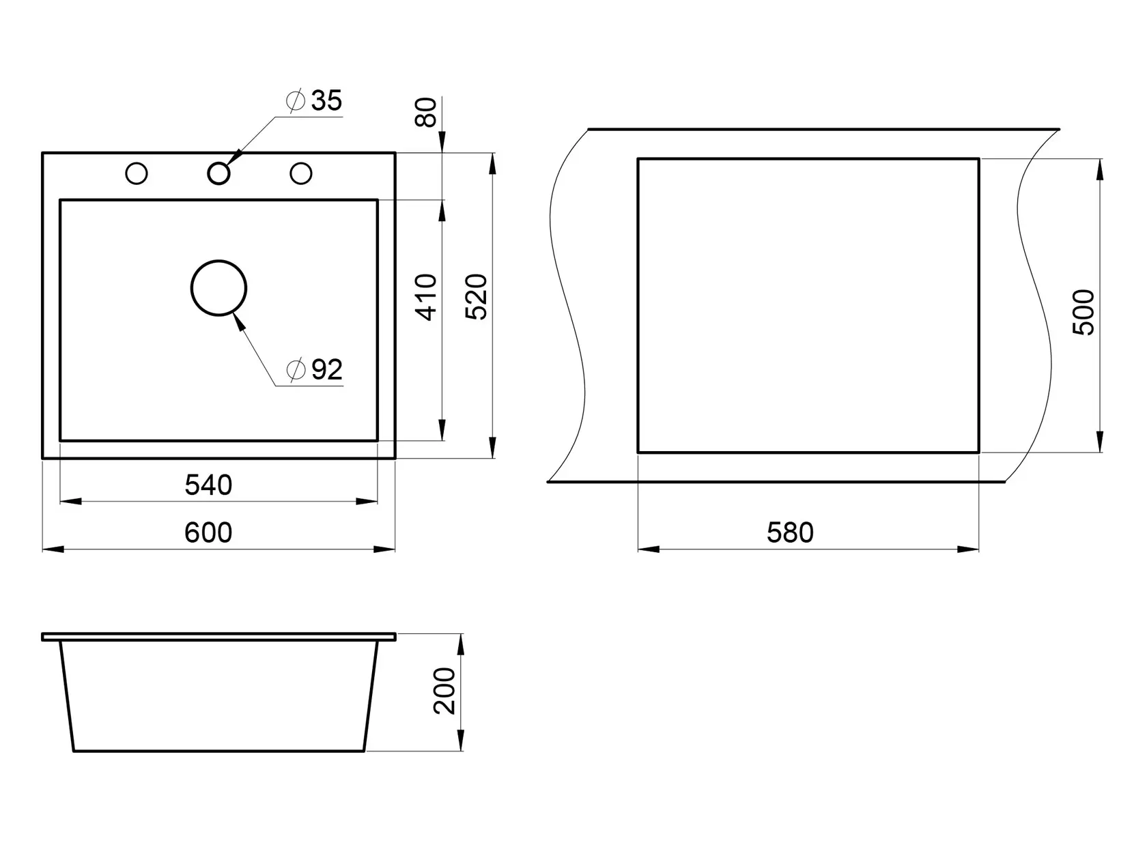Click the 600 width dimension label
click(x=208, y=532)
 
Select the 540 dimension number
click(x=208, y=485)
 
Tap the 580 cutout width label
click(x=790, y=532)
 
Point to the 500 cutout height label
click(x=1084, y=312)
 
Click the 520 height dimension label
click(x=476, y=297)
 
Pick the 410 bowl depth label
click(x=426, y=297)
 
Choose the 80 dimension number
click(x=425, y=112)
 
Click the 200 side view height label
click(x=444, y=691)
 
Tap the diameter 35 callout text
click(x=315, y=100)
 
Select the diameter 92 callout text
click(x=315, y=370)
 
